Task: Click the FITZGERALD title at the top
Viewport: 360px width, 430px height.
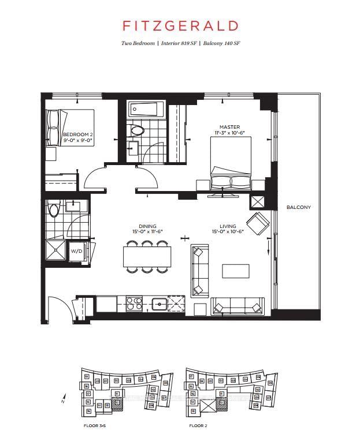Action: (180, 26)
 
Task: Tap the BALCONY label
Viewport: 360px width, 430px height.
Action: (298, 207)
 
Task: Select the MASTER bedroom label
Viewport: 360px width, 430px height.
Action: (229, 127)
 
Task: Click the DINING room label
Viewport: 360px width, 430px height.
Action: (147, 227)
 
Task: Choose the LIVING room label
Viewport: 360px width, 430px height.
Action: (228, 227)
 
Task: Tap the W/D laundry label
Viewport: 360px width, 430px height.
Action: (76, 252)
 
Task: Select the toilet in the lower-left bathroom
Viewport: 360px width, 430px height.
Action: (54, 209)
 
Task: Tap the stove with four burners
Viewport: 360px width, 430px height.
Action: (134, 304)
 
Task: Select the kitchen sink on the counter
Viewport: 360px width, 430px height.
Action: (158, 304)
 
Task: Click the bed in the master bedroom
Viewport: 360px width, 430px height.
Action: (229, 164)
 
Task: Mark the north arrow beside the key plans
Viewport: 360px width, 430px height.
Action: (64, 398)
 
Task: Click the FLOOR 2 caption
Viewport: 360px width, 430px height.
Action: (198, 426)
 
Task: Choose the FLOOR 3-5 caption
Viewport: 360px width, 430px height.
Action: (95, 426)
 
